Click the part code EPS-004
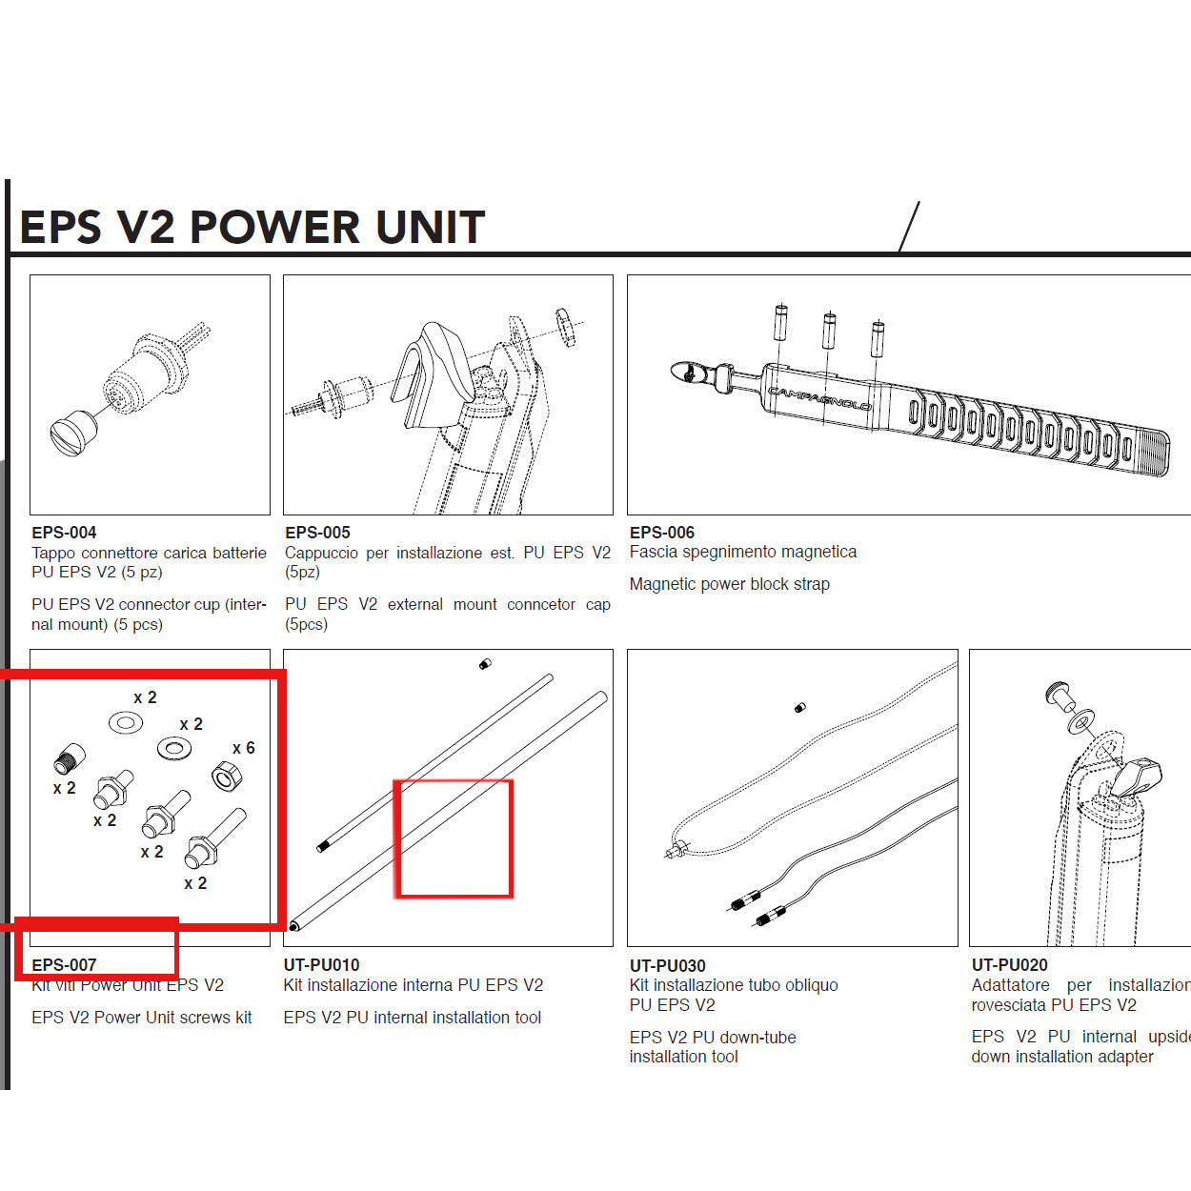pyautogui.click(x=64, y=533)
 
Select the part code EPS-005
pyautogui.click(x=317, y=533)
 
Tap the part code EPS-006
pyautogui.click(x=662, y=533)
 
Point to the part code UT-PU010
pyautogui.click(x=321, y=965)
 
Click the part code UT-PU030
pyautogui.click(x=667, y=966)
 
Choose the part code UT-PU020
pyautogui.click(x=1009, y=965)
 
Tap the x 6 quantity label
pyautogui.click(x=244, y=749)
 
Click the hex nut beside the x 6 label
pyautogui.click(x=225, y=777)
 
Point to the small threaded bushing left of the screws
pyautogui.click(x=69, y=759)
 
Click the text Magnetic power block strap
pyautogui.click(x=729, y=584)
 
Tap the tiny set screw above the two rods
pyautogui.click(x=484, y=663)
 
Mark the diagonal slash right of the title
pyautogui.click(x=909, y=227)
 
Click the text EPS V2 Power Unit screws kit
pyautogui.click(x=141, y=1018)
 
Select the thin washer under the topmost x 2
pyautogui.click(x=126, y=723)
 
